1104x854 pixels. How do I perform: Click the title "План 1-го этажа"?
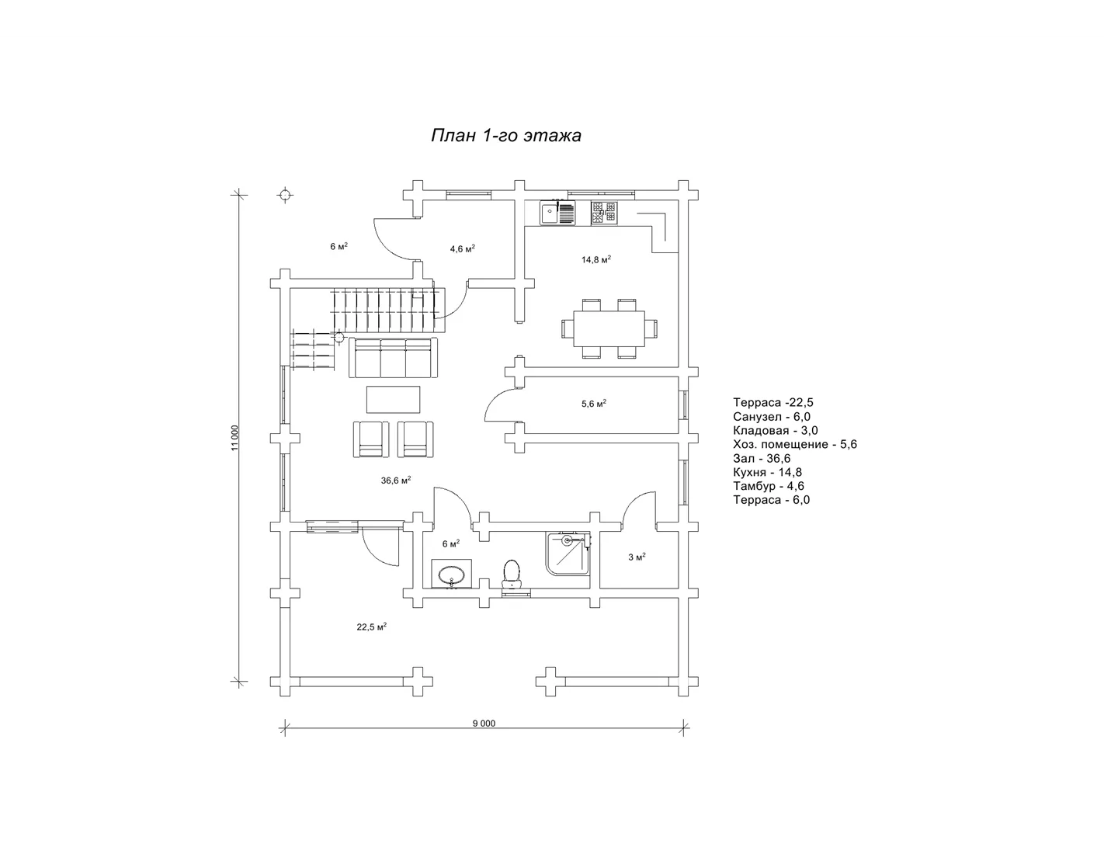pyautogui.click(x=506, y=136)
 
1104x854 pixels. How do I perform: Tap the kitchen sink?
pyautogui.click(x=557, y=213)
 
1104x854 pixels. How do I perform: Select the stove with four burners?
pyautogui.click(x=604, y=213)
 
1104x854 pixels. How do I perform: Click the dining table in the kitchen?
pyautogui.click(x=609, y=328)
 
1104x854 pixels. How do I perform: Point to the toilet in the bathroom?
pyautogui.click(x=511, y=574)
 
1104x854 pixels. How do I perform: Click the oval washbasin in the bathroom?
pyautogui.click(x=452, y=575)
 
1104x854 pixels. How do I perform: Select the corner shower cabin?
pyautogui.click(x=568, y=554)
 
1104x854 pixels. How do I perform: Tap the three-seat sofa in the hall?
pyautogui.click(x=393, y=358)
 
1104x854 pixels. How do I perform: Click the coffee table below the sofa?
pyautogui.click(x=394, y=399)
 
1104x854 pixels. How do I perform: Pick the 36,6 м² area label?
pyautogui.click(x=396, y=480)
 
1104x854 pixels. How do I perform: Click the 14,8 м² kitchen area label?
pyautogui.click(x=596, y=259)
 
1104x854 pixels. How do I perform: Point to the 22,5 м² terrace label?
pyautogui.click(x=371, y=627)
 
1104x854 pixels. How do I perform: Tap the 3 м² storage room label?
pyautogui.click(x=637, y=557)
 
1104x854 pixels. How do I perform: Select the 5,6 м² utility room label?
pyautogui.click(x=594, y=404)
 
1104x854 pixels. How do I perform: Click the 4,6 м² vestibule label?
pyautogui.click(x=462, y=248)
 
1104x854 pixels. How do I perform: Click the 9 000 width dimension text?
pyautogui.click(x=484, y=724)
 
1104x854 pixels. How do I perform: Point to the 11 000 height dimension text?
pyautogui.click(x=234, y=438)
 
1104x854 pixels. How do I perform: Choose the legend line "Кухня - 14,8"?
pyautogui.click(x=767, y=473)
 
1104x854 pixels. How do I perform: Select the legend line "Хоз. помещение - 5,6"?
pyautogui.click(x=794, y=445)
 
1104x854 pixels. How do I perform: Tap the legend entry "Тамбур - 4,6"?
pyautogui.click(x=768, y=486)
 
